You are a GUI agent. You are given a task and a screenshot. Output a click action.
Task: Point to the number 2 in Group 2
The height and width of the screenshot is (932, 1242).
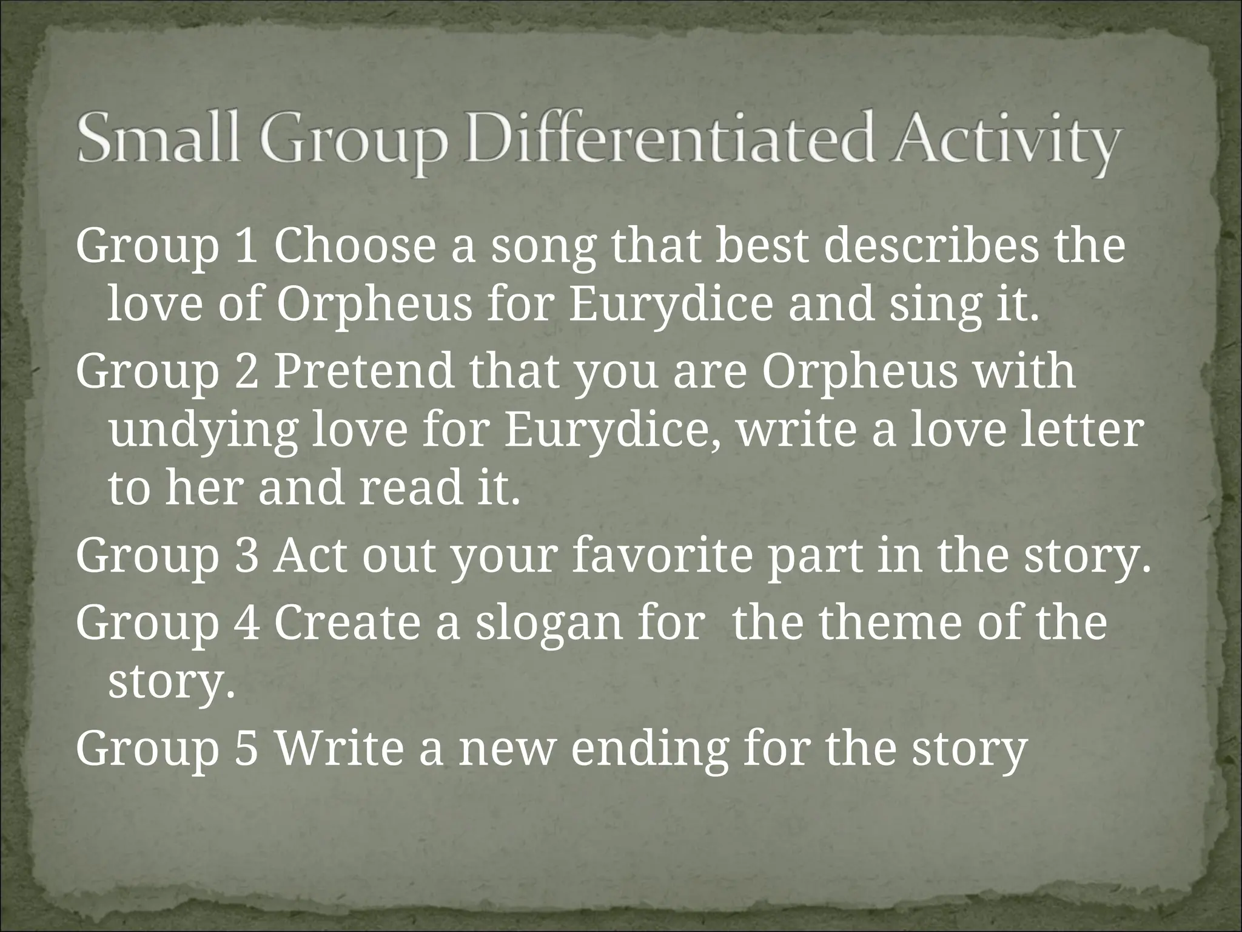pyautogui.click(x=246, y=372)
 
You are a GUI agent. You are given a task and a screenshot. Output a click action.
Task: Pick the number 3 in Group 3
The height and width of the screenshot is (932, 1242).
pyautogui.click(x=246, y=557)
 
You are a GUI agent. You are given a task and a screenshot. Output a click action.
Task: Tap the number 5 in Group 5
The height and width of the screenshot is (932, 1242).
pyautogui.click(x=246, y=748)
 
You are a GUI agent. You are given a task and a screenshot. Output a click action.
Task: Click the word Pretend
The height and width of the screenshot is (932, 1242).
pyautogui.click(x=364, y=372)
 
